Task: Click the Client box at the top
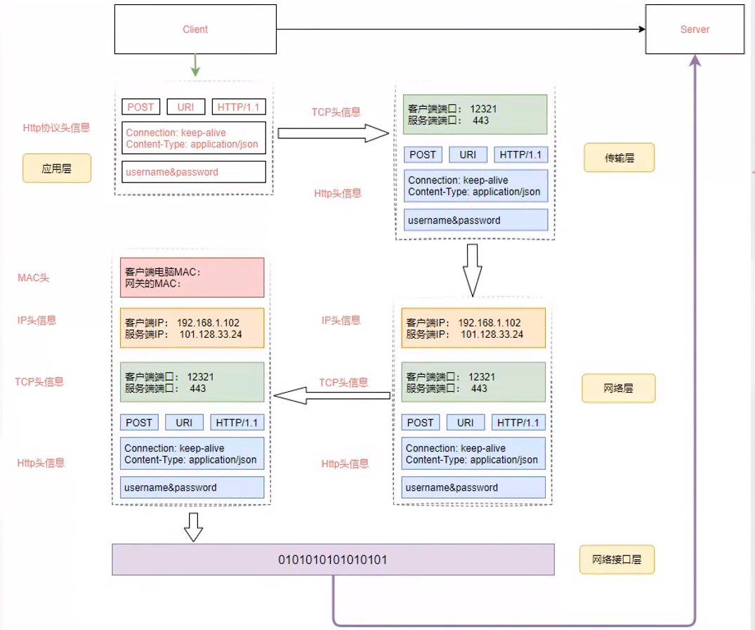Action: point(195,29)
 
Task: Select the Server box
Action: point(695,29)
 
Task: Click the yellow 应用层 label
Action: point(57,169)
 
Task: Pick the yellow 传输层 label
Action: point(619,158)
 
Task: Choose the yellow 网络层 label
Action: point(618,388)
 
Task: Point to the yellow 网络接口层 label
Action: point(617,560)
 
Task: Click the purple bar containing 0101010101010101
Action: point(333,560)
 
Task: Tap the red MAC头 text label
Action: point(34,278)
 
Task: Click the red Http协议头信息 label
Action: point(56,128)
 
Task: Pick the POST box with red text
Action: point(140,107)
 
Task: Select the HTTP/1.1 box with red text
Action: point(239,107)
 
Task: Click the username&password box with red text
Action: point(194,172)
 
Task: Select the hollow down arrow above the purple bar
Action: point(193,527)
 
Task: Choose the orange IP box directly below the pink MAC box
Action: point(192,328)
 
